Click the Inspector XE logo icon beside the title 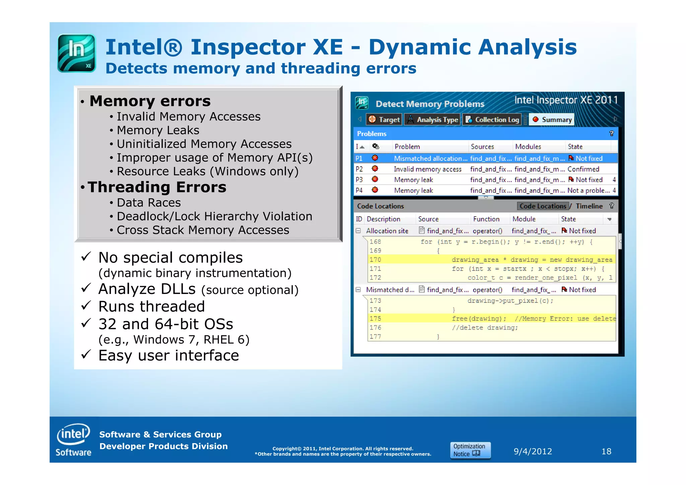click(x=77, y=53)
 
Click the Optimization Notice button click(x=470, y=450)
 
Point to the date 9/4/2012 click(x=533, y=451)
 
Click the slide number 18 click(x=606, y=451)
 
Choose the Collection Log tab click(x=492, y=120)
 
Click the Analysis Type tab click(x=432, y=120)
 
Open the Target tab click(x=384, y=120)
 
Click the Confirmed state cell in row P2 click(x=583, y=169)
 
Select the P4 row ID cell click(x=359, y=190)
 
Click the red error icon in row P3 click(x=375, y=180)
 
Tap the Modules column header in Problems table click(x=528, y=147)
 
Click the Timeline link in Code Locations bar click(x=589, y=206)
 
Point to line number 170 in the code click(x=375, y=260)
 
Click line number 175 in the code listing click(x=375, y=319)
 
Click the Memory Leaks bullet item click(x=158, y=130)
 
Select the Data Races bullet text click(x=149, y=203)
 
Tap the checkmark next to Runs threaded click(x=86, y=305)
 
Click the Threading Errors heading click(x=157, y=187)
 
